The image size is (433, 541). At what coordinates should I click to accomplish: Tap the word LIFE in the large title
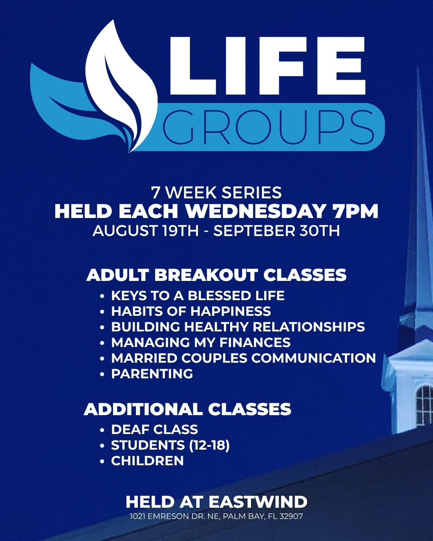coord(267,66)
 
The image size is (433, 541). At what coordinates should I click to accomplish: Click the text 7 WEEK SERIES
coord(216,193)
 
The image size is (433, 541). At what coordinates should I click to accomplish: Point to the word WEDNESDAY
coord(255,211)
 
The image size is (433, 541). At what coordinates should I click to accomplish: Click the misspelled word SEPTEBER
coord(254,231)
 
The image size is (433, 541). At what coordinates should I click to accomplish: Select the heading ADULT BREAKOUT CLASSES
coord(216,275)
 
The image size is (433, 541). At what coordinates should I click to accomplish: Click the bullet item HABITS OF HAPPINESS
coord(191,311)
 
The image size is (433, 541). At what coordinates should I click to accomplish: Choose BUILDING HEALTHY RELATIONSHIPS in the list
coord(238,327)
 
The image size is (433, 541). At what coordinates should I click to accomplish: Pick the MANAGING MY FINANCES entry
coord(201,342)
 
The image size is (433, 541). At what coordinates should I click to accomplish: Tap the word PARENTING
coord(152,373)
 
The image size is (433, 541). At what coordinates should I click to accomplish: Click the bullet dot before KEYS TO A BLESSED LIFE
coord(102,296)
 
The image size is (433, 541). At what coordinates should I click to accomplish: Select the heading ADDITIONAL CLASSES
coord(188,409)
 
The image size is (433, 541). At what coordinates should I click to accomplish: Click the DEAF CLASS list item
coord(154,429)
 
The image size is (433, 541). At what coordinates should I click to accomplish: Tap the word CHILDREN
coord(148,460)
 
